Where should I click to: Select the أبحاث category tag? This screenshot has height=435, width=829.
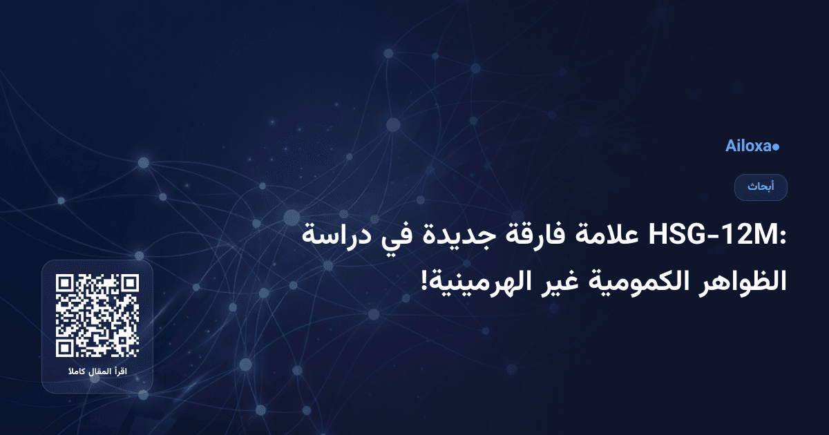tap(761, 187)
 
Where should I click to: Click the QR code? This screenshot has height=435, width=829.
tap(97, 316)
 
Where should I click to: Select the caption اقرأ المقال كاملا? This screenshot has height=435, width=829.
tap(97, 373)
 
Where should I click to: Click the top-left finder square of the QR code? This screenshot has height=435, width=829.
tap(65, 283)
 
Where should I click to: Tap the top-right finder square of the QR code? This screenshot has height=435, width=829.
tap(130, 283)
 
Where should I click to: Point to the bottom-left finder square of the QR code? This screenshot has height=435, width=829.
tap(65, 348)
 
